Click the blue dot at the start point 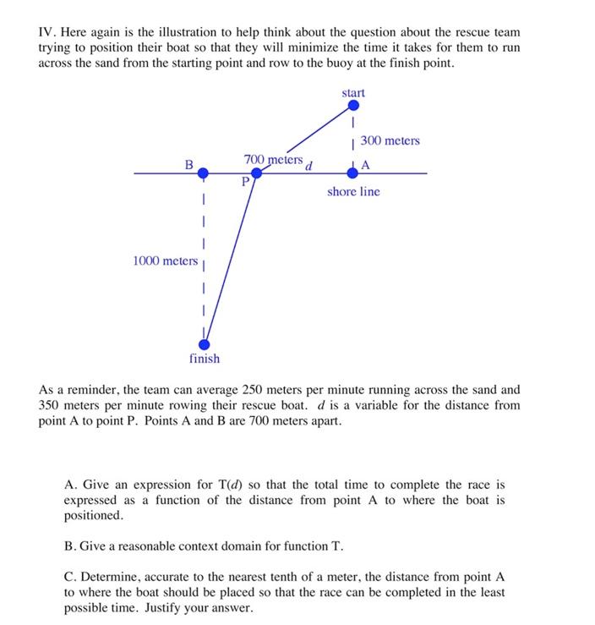coord(353,106)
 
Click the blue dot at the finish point coord(205,343)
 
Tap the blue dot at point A coord(353,173)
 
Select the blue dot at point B coord(203,173)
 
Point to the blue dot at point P coord(256,173)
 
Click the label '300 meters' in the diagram coord(390,140)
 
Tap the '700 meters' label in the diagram coord(273,159)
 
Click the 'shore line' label coord(353,192)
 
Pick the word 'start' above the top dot coord(353,91)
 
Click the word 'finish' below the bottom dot coord(205,359)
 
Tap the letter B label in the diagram coord(189,163)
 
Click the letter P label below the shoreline coord(245,182)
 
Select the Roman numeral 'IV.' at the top coord(47,31)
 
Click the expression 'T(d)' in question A coord(223,485)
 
